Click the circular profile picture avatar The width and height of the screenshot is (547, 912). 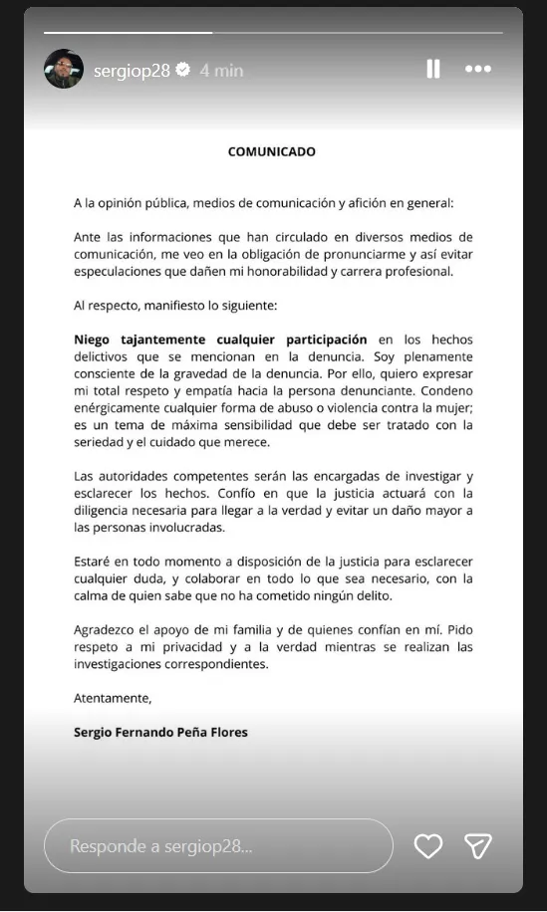[x=63, y=69]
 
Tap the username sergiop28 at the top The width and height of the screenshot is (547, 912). [x=132, y=70]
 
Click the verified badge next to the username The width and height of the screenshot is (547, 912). [x=183, y=70]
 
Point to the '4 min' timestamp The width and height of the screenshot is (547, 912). [x=221, y=70]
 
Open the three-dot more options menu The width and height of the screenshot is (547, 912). [x=478, y=69]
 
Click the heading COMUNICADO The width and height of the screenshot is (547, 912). [x=272, y=152]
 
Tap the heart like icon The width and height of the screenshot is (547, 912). [x=427, y=846]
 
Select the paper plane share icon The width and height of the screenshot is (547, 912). [x=478, y=846]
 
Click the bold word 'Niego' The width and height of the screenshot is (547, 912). [x=93, y=340]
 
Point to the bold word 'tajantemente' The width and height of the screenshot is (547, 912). [x=158, y=340]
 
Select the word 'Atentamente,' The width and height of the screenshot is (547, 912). [x=113, y=699]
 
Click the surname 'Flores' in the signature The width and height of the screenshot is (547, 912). [x=226, y=732]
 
